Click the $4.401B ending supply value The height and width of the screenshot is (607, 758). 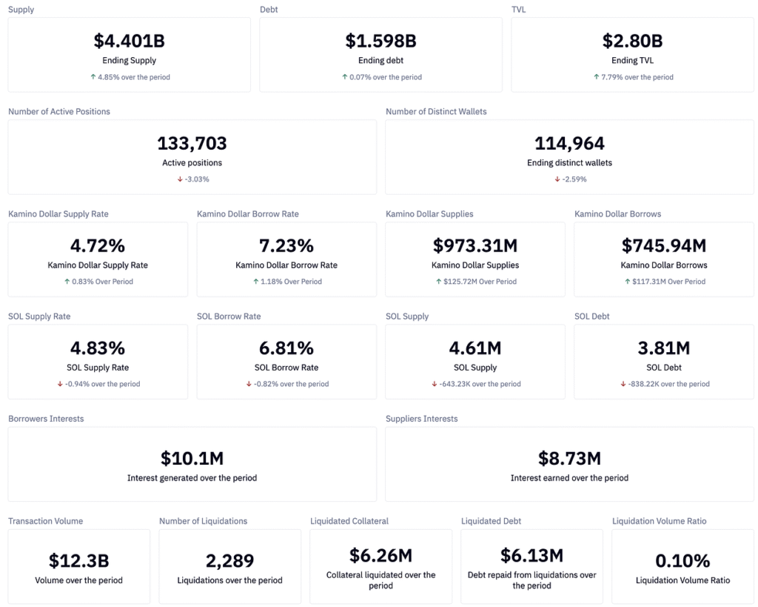tap(130, 41)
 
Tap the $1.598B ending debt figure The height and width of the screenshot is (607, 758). tap(380, 41)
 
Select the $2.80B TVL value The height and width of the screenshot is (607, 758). tap(632, 41)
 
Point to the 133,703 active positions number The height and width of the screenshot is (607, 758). tap(192, 143)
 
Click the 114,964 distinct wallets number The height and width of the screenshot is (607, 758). tap(569, 143)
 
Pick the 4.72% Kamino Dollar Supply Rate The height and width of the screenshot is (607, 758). tap(98, 245)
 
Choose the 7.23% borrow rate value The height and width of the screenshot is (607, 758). tap(286, 245)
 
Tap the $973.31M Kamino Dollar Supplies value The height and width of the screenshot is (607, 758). tap(475, 245)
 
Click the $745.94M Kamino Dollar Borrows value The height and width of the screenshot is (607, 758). tap(664, 245)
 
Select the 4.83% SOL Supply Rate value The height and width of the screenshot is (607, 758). tap(98, 348)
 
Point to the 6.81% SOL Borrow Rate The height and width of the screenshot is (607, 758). tap(286, 348)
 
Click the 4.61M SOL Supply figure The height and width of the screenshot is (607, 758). tap(475, 348)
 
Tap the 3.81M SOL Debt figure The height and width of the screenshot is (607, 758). tap(664, 348)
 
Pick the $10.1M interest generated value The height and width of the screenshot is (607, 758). tap(192, 459)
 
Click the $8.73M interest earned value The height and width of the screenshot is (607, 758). tap(569, 459)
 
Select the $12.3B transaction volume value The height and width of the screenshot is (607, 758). tap(78, 561)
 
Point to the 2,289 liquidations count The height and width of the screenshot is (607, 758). tap(229, 561)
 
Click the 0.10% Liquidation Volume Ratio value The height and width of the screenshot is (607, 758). tap(682, 561)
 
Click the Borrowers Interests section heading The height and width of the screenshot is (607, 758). tap(46, 419)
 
